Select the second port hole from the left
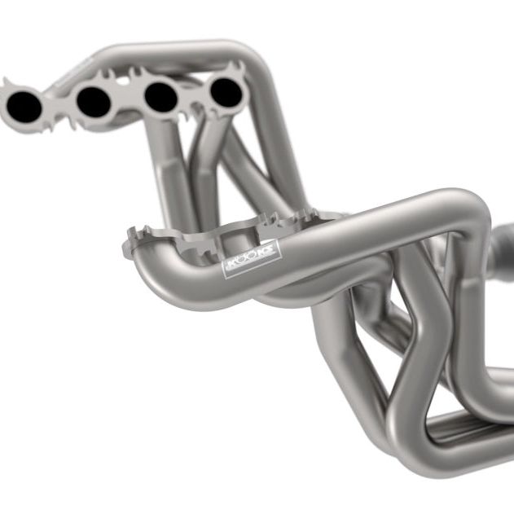pyautogui.click(x=93, y=101)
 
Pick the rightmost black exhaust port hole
pyautogui.click(x=226, y=93)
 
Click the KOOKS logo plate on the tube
pyautogui.click(x=251, y=260)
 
